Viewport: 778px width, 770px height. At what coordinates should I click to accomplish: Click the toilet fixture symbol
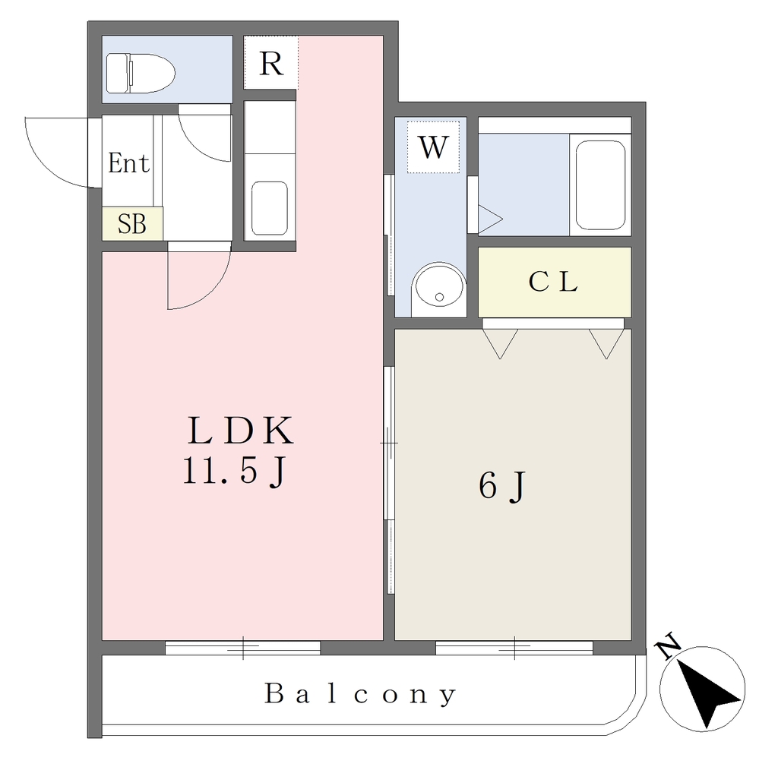tap(141, 74)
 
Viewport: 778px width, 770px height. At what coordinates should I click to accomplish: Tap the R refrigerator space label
tap(271, 63)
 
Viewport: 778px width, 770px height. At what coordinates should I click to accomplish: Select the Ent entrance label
tap(128, 163)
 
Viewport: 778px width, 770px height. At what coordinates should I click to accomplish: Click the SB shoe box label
tap(132, 223)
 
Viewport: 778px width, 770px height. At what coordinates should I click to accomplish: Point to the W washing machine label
tap(433, 147)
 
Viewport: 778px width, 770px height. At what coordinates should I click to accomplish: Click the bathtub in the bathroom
tap(600, 185)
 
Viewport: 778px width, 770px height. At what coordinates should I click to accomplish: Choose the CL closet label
tap(553, 281)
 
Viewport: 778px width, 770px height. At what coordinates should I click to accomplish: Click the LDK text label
tap(241, 431)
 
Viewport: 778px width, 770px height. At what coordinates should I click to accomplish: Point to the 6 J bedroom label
tap(501, 487)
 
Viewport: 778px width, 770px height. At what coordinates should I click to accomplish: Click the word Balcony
tap(359, 694)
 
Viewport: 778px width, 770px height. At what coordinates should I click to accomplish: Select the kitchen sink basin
tap(270, 208)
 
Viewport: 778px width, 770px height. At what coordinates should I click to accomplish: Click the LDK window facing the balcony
tap(242, 648)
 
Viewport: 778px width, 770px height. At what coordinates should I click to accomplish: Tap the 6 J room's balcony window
tap(514, 648)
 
